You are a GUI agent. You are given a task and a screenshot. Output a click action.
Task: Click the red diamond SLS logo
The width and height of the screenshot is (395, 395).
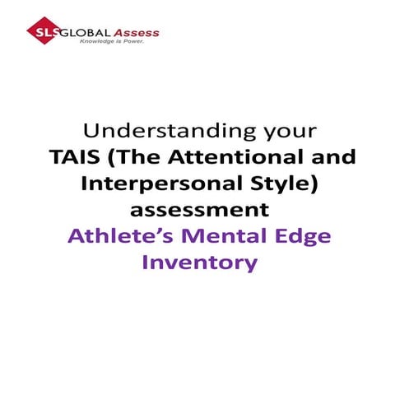(41, 34)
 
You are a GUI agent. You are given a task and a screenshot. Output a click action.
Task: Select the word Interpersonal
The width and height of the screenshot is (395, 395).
(156, 184)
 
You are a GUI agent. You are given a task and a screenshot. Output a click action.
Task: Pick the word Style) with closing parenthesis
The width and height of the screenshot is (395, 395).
(276, 184)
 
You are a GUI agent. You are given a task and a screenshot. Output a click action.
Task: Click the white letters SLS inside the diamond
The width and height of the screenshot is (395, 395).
(41, 34)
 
